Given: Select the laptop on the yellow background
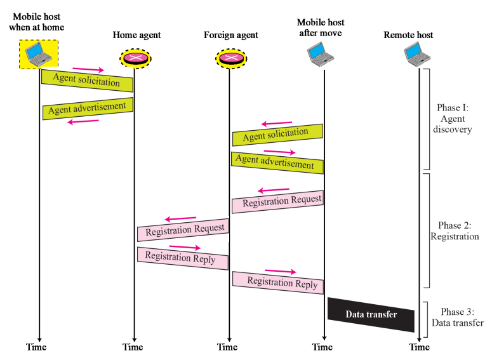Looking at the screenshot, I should (39, 55).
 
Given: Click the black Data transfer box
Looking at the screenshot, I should (371, 315).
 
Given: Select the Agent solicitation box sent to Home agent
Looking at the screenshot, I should (87, 81).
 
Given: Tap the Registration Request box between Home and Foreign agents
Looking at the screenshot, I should (183, 230).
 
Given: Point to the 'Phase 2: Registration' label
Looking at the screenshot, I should (455, 231).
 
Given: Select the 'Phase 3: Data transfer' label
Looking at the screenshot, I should (457, 317).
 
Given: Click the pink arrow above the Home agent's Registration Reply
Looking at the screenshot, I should (185, 247).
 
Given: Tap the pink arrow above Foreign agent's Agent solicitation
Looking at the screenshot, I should (277, 123).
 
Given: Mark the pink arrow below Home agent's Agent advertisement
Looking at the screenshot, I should (83, 121).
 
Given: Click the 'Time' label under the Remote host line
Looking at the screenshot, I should (418, 347).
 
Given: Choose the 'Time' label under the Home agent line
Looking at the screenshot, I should (133, 347).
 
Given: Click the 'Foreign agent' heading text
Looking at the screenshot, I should (231, 35).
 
